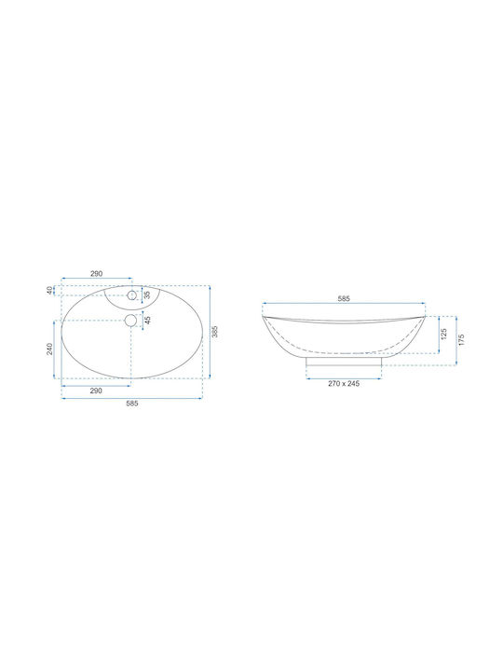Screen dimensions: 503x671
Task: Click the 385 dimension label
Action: click(215, 331)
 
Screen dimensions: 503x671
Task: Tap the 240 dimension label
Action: click(49, 349)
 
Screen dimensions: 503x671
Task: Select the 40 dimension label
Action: click(49, 290)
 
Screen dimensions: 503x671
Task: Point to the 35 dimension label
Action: click(147, 294)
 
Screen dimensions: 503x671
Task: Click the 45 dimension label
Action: click(147, 321)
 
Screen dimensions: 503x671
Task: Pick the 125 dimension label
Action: click(443, 335)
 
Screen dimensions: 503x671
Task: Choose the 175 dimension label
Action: click(461, 340)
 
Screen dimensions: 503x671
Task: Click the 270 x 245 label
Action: click(344, 383)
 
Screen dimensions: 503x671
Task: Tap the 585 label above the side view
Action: click(344, 299)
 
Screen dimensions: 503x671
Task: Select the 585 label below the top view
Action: click(132, 404)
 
